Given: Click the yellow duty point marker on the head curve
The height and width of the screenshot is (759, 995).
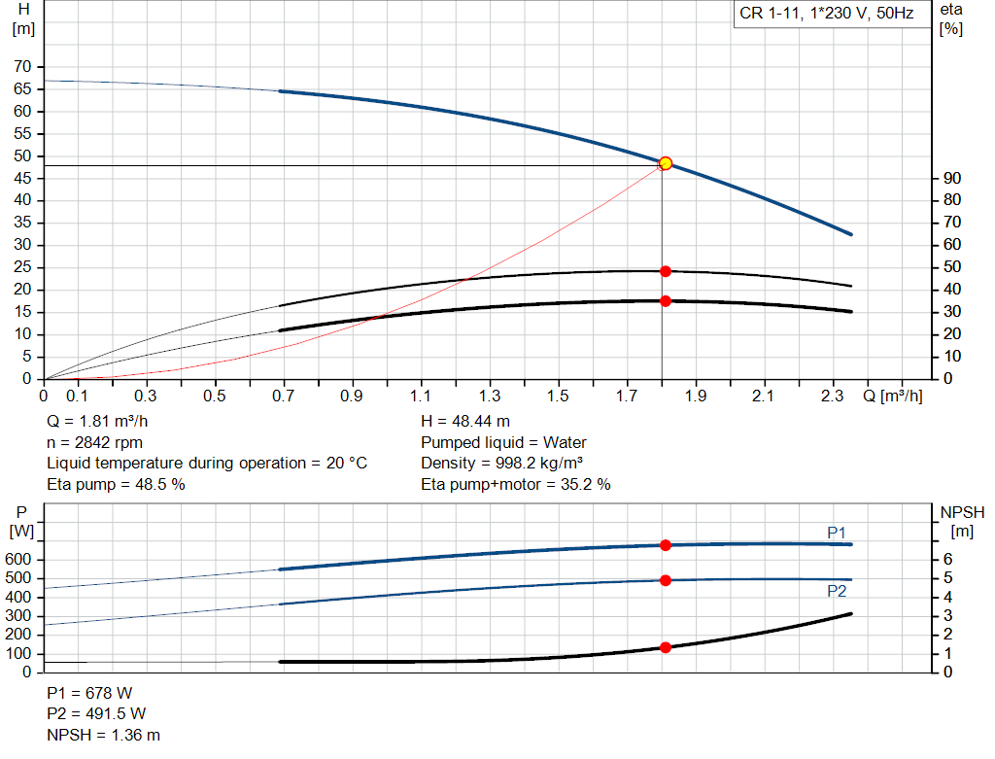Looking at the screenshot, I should [666, 163].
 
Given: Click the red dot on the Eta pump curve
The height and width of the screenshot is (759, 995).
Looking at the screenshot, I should [666, 271].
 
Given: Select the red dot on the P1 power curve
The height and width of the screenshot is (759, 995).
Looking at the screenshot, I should [666, 545].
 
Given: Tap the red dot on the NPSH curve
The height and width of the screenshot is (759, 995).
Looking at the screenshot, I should [666, 647].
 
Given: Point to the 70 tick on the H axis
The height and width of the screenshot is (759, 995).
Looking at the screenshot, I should [22, 67].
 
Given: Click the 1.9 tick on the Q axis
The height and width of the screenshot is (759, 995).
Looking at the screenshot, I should [695, 397].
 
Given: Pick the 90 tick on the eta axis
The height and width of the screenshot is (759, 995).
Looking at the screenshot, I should [951, 179].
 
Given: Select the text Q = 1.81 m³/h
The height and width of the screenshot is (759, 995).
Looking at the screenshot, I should [98, 421].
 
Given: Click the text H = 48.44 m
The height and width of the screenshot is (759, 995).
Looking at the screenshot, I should [465, 421].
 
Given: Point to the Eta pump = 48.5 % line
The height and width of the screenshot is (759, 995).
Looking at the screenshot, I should [116, 484].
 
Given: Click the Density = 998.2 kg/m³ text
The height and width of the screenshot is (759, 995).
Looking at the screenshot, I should [502, 463].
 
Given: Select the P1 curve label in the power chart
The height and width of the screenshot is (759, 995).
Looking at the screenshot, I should [837, 532].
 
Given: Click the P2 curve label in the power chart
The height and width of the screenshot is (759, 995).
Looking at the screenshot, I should [837, 591].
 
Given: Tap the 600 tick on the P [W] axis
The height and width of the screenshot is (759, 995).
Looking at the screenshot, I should [22, 560].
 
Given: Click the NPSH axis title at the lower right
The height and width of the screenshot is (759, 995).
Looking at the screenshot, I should [962, 512].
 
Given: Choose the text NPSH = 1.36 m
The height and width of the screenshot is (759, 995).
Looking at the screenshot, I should [104, 735].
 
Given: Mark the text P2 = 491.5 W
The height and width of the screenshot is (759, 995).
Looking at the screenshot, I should [96, 714].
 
